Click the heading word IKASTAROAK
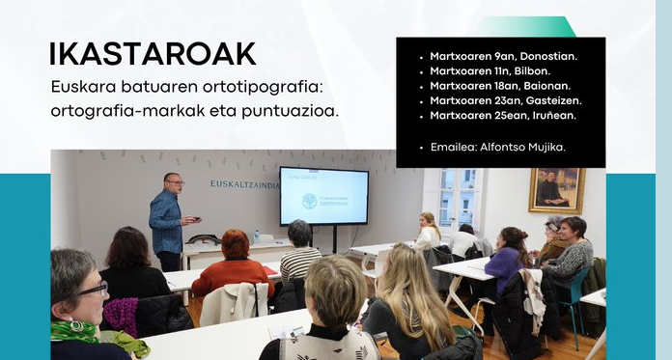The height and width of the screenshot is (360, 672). pyautogui.click(x=153, y=55)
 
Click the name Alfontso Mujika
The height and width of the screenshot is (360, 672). pyautogui.click(x=523, y=147)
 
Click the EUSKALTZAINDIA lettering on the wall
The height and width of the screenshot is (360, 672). pyautogui.click(x=243, y=183)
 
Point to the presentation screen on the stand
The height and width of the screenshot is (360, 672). pyautogui.click(x=322, y=196)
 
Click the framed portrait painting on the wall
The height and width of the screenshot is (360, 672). pyautogui.click(x=556, y=190)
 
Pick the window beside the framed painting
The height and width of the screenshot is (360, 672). pyautogui.click(x=458, y=198)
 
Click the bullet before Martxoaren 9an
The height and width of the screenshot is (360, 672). pyautogui.click(x=421, y=57)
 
